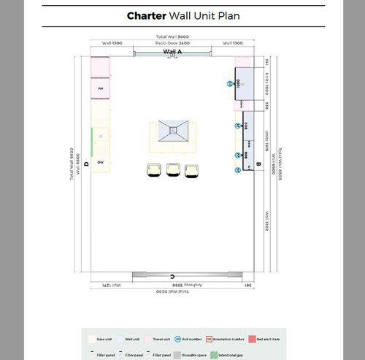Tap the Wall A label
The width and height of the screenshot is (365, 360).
pos(172,53)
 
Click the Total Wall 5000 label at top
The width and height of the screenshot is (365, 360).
pos(172,37)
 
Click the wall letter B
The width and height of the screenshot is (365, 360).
pos(258,165)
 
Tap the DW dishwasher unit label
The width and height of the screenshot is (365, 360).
pos(100,162)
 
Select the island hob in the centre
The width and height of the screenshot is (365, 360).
pos(174,131)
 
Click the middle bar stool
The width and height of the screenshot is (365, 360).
pos(173,169)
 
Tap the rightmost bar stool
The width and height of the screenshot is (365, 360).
pos(191,170)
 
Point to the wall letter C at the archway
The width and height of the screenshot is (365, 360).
pos(172,276)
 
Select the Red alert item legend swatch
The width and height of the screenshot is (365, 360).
pos(252,340)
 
